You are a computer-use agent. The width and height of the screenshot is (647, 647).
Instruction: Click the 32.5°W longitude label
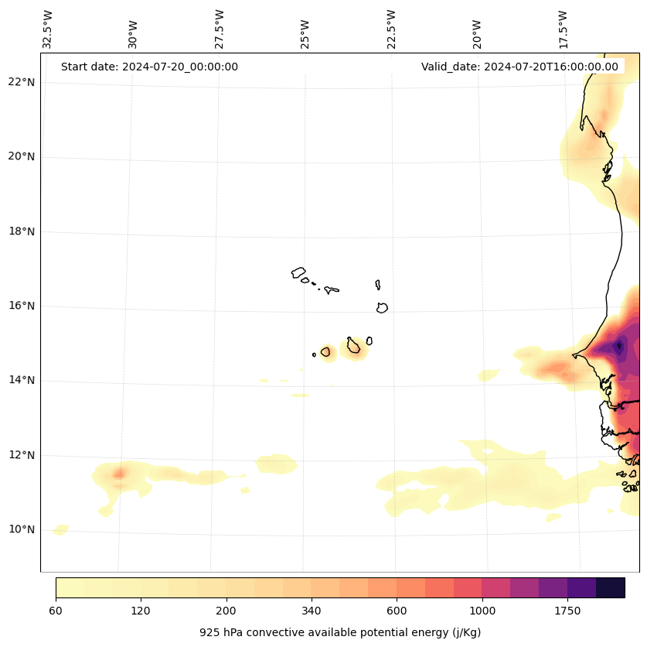(48, 29)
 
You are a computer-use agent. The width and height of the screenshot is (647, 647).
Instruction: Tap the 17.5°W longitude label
(563, 29)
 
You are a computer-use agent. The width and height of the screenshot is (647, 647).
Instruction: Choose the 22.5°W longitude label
(391, 29)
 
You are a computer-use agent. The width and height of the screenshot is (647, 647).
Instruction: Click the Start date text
(149, 67)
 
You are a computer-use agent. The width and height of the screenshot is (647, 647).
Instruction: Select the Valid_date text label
(519, 67)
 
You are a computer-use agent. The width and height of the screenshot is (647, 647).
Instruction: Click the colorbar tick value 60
(56, 611)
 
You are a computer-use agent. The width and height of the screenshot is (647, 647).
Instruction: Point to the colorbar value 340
(312, 611)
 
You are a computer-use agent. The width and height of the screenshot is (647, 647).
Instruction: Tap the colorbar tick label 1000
(482, 611)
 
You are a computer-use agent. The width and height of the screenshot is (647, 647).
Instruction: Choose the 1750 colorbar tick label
(567, 611)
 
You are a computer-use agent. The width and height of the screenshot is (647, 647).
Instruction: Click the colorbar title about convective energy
(340, 632)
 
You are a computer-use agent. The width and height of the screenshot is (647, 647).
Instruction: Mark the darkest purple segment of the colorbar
(611, 587)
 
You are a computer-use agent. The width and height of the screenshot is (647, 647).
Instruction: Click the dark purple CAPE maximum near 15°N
(618, 346)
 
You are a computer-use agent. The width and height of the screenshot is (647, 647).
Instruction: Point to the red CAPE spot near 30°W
(119, 474)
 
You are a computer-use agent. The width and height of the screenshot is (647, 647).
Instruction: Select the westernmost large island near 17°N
(298, 272)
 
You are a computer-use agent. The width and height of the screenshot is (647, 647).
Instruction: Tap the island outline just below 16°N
(382, 308)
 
